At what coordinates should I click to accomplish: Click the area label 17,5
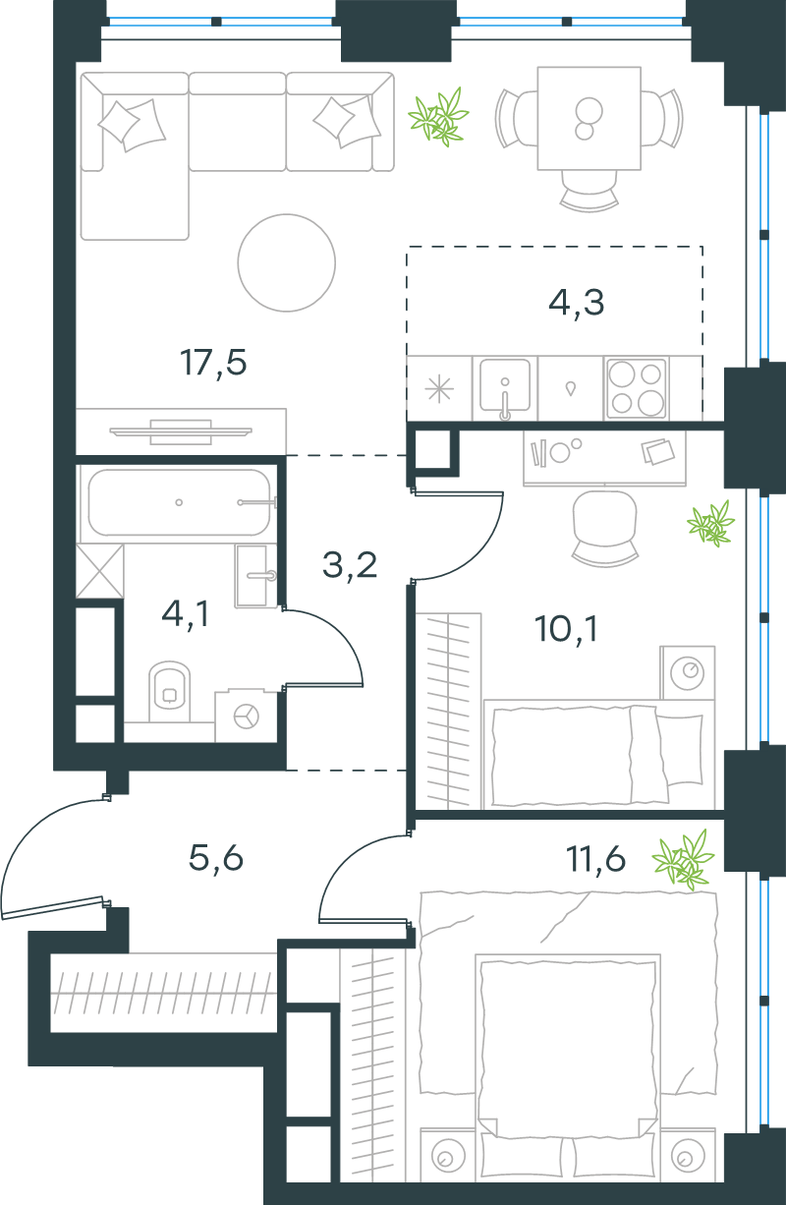click(213, 363)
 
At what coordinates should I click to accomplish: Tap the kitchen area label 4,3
click(577, 303)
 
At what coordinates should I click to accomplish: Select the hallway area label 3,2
click(350, 565)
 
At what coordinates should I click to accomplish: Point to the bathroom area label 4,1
click(185, 613)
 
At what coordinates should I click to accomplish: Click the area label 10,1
click(566, 628)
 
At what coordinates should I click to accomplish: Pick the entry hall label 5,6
click(215, 858)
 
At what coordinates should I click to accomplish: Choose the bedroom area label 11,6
click(595, 859)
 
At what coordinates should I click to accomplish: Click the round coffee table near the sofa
click(287, 262)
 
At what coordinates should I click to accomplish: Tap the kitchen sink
click(505, 388)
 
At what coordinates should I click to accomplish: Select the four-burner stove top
click(637, 388)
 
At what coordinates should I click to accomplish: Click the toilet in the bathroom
click(169, 693)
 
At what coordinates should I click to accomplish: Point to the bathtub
click(179, 502)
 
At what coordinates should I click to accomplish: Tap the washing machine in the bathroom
click(247, 716)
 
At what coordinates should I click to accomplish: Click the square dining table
click(589, 118)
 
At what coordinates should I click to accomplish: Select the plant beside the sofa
click(438, 117)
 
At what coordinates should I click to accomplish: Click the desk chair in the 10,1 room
click(605, 528)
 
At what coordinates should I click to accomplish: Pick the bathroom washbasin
click(255, 576)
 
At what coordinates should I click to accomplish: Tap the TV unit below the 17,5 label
click(181, 431)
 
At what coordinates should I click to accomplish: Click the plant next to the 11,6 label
click(683, 859)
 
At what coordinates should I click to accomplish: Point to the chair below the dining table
click(589, 191)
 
